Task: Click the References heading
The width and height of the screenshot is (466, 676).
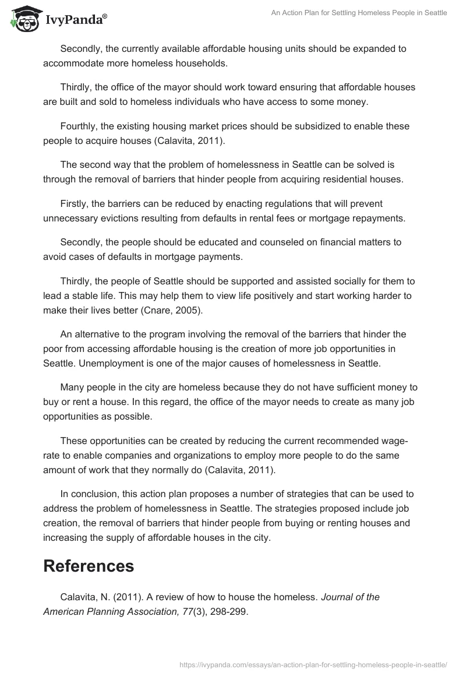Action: pos(89,565)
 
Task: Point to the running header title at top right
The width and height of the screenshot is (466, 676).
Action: pos(359,13)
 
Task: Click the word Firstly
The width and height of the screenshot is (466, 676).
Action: pos(76,204)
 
